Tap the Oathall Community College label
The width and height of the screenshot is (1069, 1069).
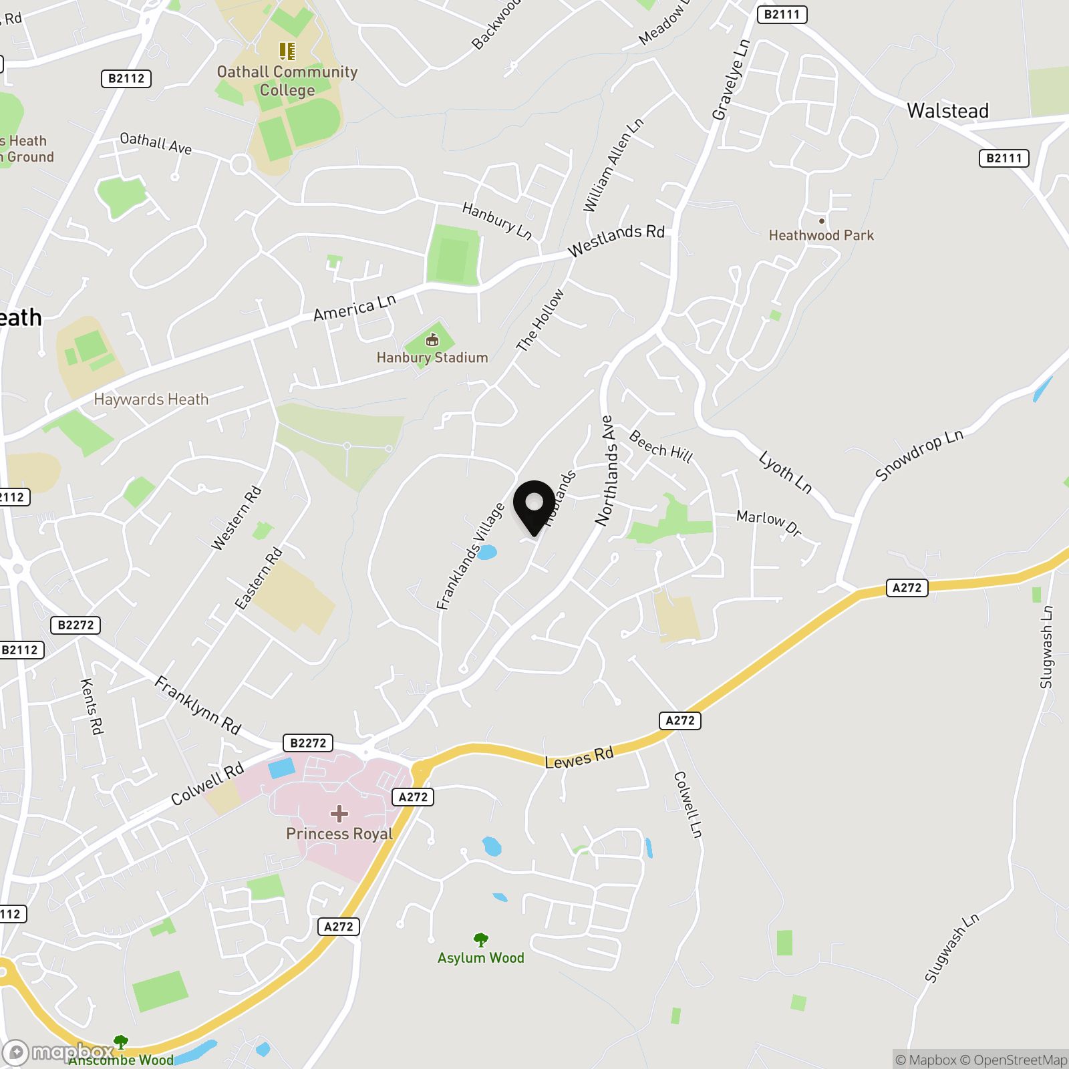(x=287, y=81)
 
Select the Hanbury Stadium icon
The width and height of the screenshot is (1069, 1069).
(x=432, y=340)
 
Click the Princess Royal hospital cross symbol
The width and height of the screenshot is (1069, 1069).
(x=339, y=813)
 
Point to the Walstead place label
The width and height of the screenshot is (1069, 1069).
(x=947, y=111)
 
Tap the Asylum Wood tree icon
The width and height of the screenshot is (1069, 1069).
(x=480, y=940)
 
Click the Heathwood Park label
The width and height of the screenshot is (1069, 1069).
(x=821, y=235)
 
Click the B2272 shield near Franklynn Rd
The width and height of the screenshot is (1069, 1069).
(x=308, y=743)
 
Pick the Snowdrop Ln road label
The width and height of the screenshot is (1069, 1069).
(x=919, y=455)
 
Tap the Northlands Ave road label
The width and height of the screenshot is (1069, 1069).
(x=605, y=470)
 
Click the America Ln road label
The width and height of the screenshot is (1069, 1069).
(x=355, y=307)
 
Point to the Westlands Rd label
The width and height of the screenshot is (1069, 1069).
(x=616, y=240)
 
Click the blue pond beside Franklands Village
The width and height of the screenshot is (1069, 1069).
(x=486, y=553)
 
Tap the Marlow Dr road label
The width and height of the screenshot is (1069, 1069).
(x=768, y=523)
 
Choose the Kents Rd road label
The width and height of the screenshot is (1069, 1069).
(x=92, y=706)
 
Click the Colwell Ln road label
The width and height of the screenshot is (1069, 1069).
(x=688, y=804)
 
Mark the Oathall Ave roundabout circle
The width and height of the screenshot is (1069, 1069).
(x=240, y=164)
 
